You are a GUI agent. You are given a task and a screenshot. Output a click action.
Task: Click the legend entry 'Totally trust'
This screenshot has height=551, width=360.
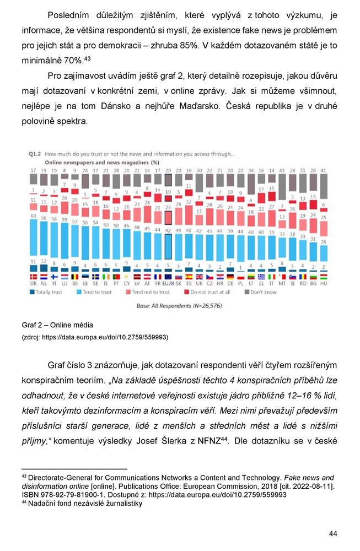46,292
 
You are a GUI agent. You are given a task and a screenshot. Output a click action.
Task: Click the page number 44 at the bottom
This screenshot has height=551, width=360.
332,533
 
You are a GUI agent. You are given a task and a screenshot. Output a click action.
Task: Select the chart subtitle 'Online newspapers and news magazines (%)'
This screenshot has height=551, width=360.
101,163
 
